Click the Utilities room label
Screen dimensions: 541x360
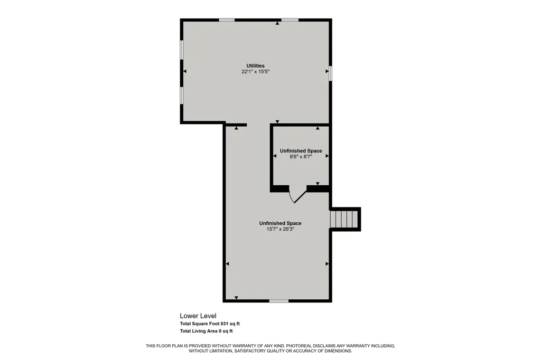click(x=255, y=65)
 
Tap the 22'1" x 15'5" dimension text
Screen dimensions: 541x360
click(x=255, y=72)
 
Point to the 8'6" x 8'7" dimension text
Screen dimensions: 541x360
click(x=301, y=157)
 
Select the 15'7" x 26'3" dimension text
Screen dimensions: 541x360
click(x=280, y=229)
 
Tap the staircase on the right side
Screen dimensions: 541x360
click(x=344, y=219)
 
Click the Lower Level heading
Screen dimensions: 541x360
click(x=198, y=316)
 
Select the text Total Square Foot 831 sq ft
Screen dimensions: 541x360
click(x=210, y=324)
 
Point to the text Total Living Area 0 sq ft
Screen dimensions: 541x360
click(x=207, y=331)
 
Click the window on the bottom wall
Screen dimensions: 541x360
click(x=279, y=301)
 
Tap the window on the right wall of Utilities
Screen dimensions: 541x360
click(x=330, y=73)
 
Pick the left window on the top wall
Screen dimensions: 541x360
click(x=227, y=20)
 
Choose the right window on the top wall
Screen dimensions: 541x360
click(x=290, y=20)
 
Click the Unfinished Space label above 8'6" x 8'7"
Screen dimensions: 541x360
click(x=301, y=150)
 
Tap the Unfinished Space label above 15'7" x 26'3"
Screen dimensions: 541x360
click(x=280, y=223)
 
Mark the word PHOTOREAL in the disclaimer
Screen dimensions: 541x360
click(x=300, y=346)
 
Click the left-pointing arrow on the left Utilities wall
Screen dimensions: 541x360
click(x=184, y=71)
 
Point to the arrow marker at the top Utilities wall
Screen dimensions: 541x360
click(x=277, y=23)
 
